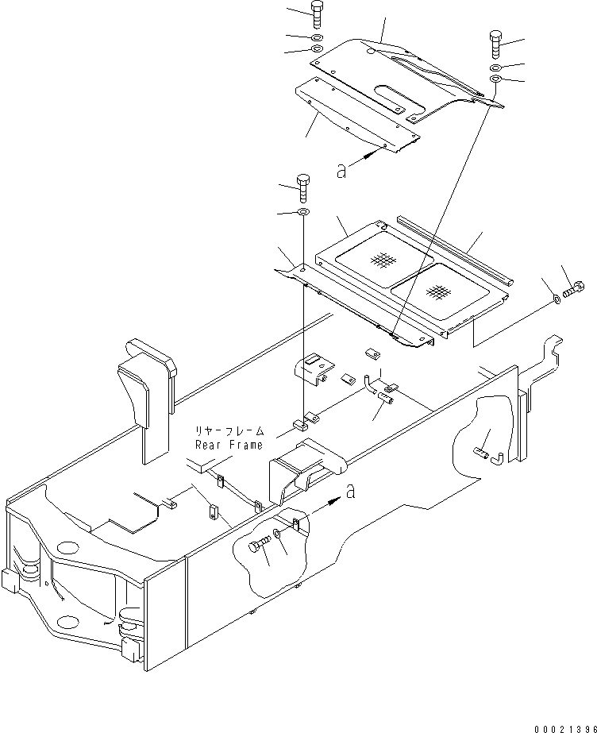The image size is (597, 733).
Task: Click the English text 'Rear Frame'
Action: tap(229, 445)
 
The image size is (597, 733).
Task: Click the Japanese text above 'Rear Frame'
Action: tap(230, 431)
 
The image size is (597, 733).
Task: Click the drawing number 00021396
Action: tap(566, 729)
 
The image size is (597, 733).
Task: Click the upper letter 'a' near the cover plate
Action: tap(341, 172)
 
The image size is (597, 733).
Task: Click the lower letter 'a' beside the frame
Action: tap(350, 492)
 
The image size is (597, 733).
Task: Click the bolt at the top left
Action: tap(316, 14)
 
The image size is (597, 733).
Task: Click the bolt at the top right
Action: tap(496, 44)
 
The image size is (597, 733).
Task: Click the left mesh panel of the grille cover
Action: tap(384, 260)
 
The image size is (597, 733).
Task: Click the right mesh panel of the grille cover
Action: tap(440, 291)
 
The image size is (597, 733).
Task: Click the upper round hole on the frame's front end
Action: tap(68, 547)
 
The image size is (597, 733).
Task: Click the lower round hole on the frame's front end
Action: tap(67, 622)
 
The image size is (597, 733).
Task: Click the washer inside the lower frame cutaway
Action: tap(278, 534)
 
